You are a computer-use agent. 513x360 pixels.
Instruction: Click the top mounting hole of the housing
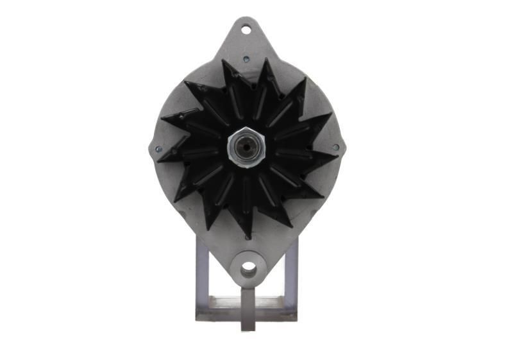click(x=246, y=29)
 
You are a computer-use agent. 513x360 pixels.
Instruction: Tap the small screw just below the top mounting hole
click(x=246, y=59)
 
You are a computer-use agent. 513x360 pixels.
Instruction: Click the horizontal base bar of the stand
click(x=246, y=315)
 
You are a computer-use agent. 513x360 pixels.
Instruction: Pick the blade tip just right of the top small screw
click(x=267, y=60)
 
